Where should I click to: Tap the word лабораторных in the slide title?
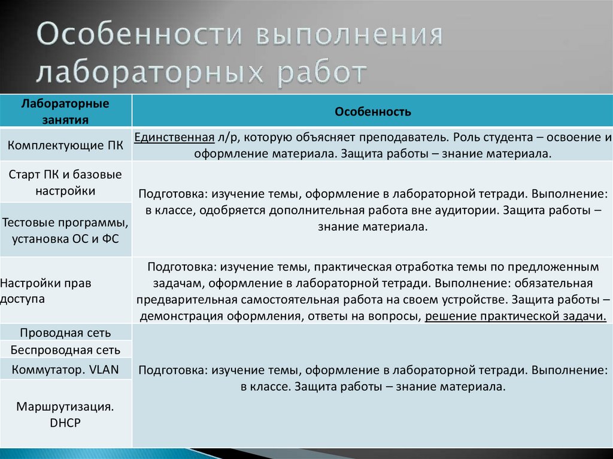pyautogui.click(x=142, y=72)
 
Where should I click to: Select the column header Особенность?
pyautogui.click(x=372, y=111)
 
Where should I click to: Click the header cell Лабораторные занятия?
pyautogui.click(x=65, y=111)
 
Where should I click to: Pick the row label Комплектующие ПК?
pyautogui.click(x=65, y=145)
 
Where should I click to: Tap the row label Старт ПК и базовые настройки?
pyautogui.click(x=65, y=183)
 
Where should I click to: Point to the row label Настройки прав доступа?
pyautogui.click(x=48, y=291)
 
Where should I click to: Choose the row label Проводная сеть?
pyautogui.click(x=65, y=333)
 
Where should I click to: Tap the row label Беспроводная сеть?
pyautogui.click(x=65, y=350)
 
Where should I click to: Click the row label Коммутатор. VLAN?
pyautogui.click(x=65, y=369)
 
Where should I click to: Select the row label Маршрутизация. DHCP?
pyautogui.click(x=65, y=415)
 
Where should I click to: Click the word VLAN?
pyautogui.click(x=104, y=369)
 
